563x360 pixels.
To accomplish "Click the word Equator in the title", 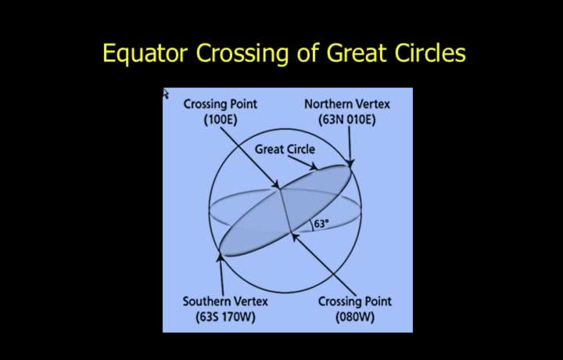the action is [145, 53].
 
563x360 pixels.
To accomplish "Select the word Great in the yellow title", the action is [357, 52].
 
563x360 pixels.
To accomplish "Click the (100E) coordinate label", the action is [221, 119].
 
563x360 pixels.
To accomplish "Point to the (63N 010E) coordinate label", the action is [347, 119].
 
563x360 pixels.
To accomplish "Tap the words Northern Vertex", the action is [347, 104].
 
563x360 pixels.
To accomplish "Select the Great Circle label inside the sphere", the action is [285, 149].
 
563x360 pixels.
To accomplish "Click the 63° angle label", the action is [321, 224].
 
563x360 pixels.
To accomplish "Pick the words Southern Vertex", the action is [225, 301].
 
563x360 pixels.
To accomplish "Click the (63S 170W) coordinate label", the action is [225, 316].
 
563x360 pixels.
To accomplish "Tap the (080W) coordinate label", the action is [355, 316].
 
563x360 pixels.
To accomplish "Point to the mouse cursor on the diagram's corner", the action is [165, 93].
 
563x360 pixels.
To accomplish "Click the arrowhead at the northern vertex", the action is [350, 164].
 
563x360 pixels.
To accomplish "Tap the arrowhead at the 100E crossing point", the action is [276, 185].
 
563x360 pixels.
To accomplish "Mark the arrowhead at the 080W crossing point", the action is [295, 237].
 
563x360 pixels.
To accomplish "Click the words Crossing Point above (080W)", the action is [355, 301].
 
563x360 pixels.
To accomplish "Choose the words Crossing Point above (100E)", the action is [221, 104].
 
